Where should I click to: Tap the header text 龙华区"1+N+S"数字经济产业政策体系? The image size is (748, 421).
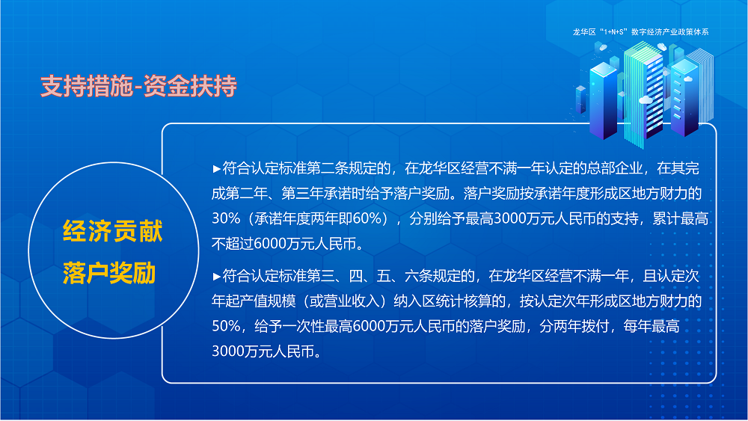coord(640,33)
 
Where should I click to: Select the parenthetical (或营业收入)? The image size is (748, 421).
coord(340,301)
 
